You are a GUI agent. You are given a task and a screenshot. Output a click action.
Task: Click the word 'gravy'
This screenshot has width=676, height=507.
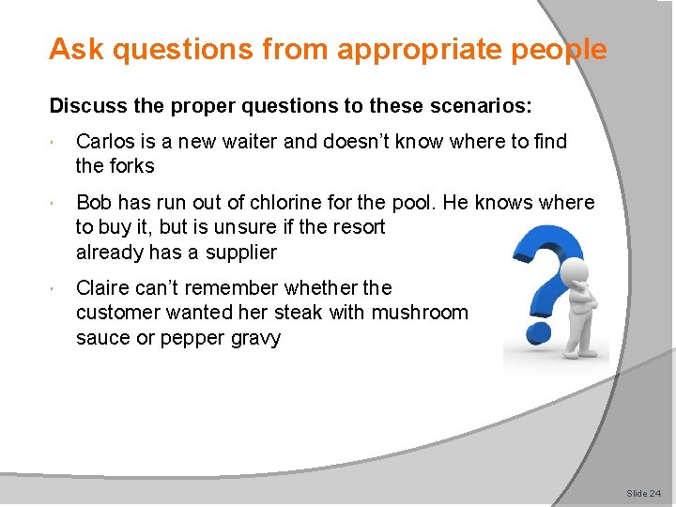pos(256,338)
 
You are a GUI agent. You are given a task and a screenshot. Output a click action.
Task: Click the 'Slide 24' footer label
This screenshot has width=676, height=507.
pos(643,493)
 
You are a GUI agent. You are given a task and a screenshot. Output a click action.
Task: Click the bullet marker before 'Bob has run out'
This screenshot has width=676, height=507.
pos(59,204)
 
